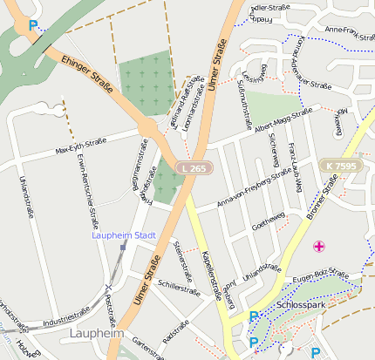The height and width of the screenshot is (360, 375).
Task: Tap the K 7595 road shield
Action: tap(337, 166)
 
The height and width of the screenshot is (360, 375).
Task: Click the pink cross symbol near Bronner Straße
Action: tap(320, 248)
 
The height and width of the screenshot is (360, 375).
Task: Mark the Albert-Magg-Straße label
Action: tap(283, 119)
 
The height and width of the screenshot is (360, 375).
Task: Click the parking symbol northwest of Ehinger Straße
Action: tap(34, 26)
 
